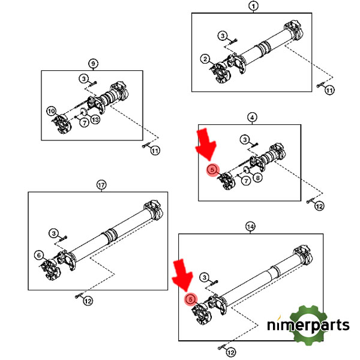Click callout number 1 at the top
tap(253, 6)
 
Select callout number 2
tap(205, 59)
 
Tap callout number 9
tap(93, 64)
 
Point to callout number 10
tap(51, 112)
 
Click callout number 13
tap(95, 119)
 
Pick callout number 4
tap(252, 118)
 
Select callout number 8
tap(257, 178)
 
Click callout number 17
tap(101, 185)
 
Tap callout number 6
tap(39, 255)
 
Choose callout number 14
tap(250, 227)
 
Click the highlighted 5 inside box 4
tap(212, 170)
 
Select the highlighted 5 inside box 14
tap(191, 299)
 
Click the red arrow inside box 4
tap(206, 144)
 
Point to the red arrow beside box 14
tap(182, 275)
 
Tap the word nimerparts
tap(308, 325)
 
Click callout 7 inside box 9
tap(84, 122)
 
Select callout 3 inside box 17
tap(54, 233)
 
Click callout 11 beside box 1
tap(329, 90)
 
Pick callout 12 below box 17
tap(88, 301)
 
